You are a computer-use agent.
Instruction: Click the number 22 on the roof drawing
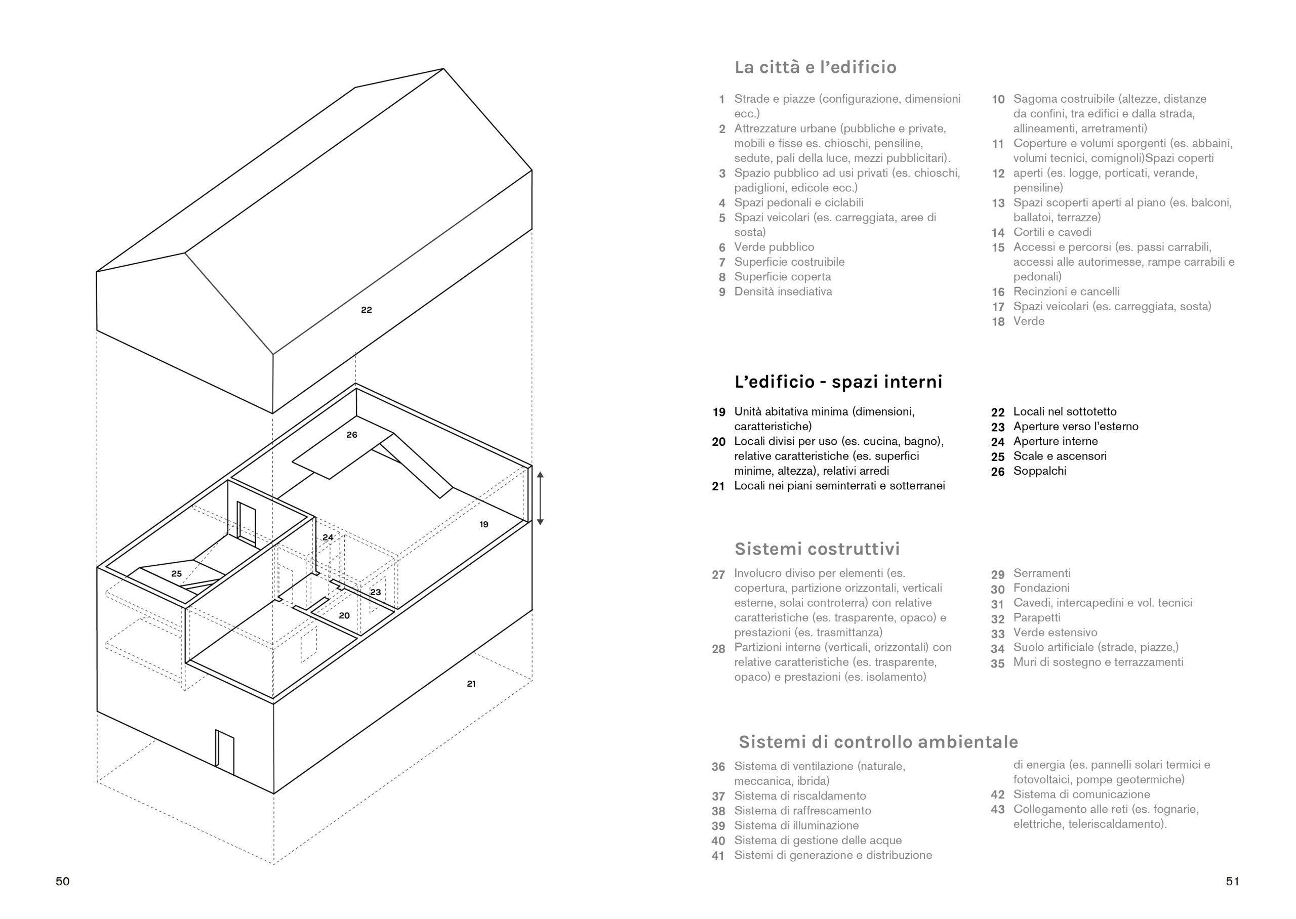click(x=366, y=310)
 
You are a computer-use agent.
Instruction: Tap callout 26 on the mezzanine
click(x=352, y=435)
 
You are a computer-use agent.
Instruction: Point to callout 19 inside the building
click(x=484, y=525)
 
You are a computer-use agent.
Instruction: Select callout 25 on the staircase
click(x=177, y=574)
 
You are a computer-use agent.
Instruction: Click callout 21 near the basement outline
click(x=471, y=684)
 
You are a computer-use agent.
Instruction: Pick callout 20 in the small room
click(x=344, y=616)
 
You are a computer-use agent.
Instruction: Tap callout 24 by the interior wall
click(x=328, y=537)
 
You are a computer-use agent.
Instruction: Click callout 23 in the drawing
click(x=376, y=593)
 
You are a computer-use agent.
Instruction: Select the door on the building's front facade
click(x=225, y=752)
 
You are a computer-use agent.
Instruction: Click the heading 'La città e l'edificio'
click(x=815, y=67)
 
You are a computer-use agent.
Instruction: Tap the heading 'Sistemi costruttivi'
click(x=817, y=549)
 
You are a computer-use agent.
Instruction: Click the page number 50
click(x=63, y=881)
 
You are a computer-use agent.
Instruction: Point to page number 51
click(x=1232, y=881)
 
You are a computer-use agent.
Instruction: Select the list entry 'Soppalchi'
click(x=1040, y=471)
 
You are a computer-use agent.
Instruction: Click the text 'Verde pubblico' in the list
click(x=774, y=247)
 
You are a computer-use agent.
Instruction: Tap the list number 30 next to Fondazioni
click(x=997, y=589)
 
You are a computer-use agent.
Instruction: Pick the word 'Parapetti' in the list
click(x=1036, y=618)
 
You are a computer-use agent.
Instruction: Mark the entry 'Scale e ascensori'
click(x=1060, y=456)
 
